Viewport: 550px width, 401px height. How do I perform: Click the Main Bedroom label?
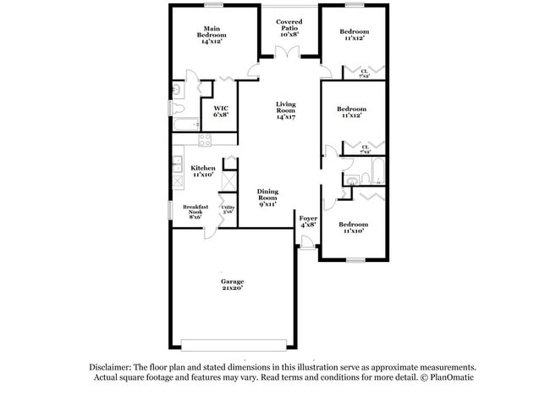212,36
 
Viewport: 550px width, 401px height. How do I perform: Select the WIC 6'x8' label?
221,111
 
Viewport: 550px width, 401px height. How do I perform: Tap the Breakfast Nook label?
195,211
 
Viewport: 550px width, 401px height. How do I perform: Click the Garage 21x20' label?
233,285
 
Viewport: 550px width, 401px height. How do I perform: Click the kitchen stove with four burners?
204,140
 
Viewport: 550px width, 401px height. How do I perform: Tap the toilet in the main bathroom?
178,111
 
